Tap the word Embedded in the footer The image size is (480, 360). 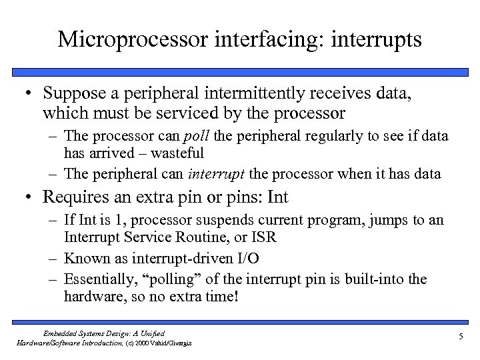(x=61, y=333)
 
